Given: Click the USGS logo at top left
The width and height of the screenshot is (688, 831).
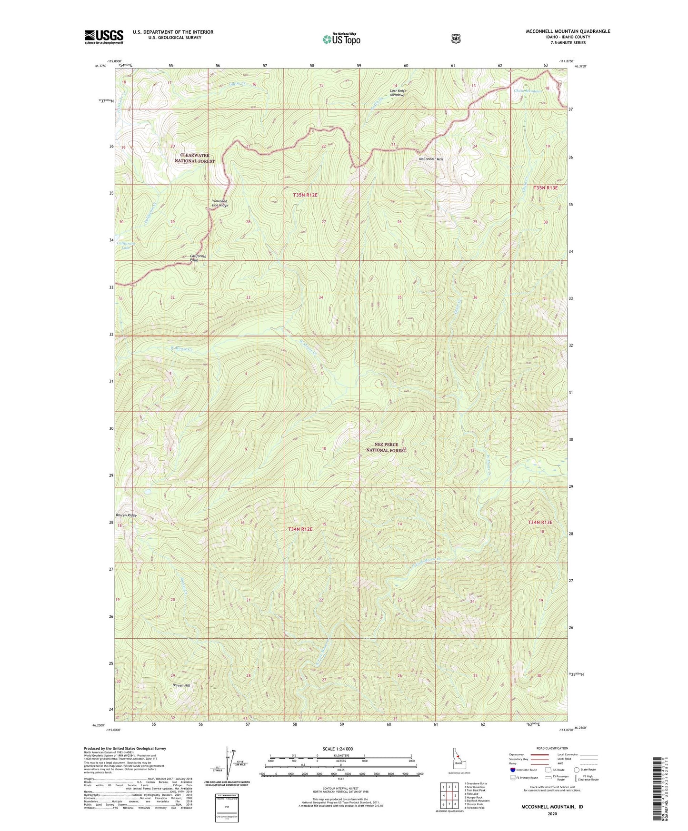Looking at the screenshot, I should coord(104,37).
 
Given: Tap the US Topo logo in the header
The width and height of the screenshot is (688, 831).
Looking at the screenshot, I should coord(341,39).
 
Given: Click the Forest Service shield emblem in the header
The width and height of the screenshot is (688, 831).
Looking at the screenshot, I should coord(456,38).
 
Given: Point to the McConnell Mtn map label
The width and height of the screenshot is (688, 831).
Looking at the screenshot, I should coord(430,159).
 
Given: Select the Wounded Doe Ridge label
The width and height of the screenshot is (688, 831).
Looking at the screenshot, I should coord(220,203).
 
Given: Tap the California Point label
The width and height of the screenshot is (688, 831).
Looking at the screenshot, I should coord(198,258).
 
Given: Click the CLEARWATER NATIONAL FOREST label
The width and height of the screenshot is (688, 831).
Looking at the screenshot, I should coord(194,158).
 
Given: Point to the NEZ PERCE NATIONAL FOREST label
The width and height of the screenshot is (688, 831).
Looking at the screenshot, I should coord(386,447).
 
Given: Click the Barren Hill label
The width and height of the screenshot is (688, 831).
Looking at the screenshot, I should coord(181,685).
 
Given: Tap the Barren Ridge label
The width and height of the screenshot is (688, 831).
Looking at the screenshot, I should coord(126,515).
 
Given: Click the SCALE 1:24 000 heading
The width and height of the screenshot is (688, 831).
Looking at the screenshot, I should coord(338,749).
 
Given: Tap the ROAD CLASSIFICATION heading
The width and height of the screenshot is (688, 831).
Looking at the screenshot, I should coord(552,748).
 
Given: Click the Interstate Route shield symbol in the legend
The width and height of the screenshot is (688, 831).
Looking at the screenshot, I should coord(512,770).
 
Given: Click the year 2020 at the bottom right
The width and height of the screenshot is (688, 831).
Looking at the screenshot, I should coord(552,813).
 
